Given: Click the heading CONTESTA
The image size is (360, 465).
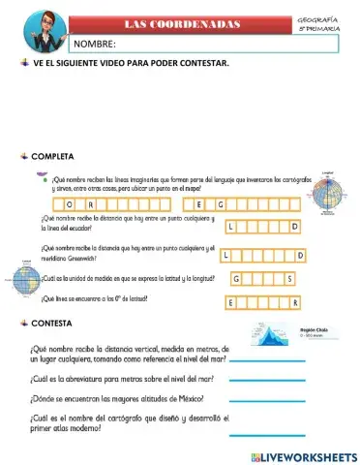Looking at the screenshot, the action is pos(57,322).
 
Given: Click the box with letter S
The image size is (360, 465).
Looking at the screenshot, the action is pos(289,278).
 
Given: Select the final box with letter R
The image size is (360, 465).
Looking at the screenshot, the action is pos(297,303).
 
